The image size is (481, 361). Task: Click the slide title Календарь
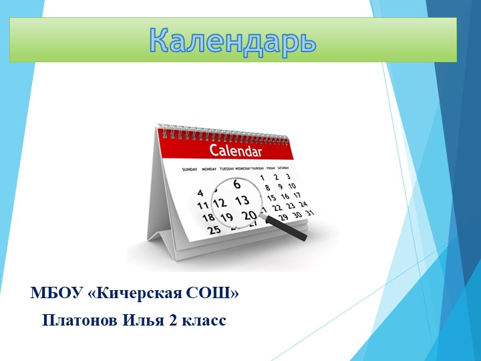pos(232,40)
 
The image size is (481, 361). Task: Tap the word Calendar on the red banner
pos(235,150)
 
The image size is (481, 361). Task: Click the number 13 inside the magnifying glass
pos(242,200)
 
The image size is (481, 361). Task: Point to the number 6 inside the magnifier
pos(236,184)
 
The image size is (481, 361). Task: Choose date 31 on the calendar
pos(308,213)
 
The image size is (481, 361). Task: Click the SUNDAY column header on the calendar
pos(189,169)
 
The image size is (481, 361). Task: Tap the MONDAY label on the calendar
pos(209,169)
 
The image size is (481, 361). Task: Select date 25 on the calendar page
pos(213,230)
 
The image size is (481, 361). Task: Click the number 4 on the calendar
pos(200,193)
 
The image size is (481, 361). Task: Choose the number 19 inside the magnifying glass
pos(226,217)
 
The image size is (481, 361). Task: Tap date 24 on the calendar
pos(303,204)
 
